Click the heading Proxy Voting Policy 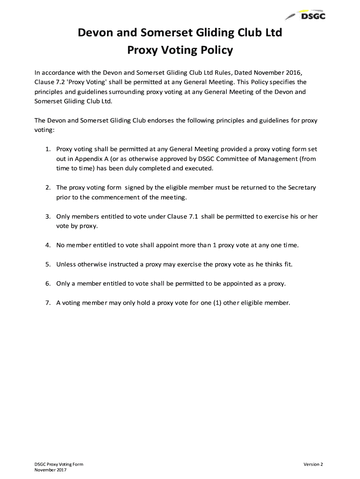click(x=180, y=50)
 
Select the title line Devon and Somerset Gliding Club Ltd click(x=180, y=33)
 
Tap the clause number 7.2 click(x=62, y=82)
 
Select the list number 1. click(x=48, y=149)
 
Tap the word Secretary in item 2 click(x=300, y=188)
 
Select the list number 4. click(x=48, y=245)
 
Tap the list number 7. click(x=48, y=303)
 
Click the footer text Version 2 click(x=313, y=464)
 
